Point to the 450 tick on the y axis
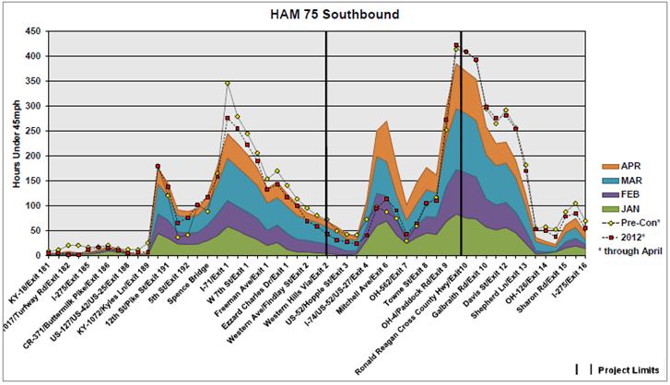[x=34, y=31]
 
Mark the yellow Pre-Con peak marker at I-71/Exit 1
[x=227, y=84]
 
